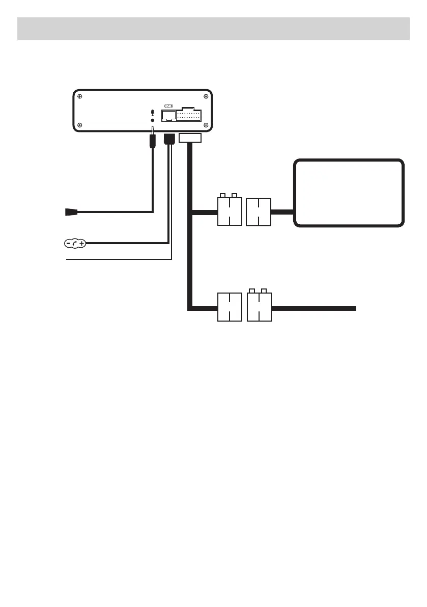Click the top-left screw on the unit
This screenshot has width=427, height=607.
pyautogui.click(x=80, y=95)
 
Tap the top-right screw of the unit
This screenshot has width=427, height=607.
pyautogui.click(x=206, y=95)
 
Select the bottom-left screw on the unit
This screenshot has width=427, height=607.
pyautogui.click(x=80, y=125)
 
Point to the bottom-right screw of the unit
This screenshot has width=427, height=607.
pyautogui.click(x=206, y=125)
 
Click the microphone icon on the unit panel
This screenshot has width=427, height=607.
pyautogui.click(x=153, y=114)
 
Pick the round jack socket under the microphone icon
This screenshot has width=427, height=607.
pyautogui.click(x=153, y=121)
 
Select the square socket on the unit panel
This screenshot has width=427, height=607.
pyautogui.click(x=168, y=116)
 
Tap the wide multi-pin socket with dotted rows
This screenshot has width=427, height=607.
pyautogui.click(x=188, y=115)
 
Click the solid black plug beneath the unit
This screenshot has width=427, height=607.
pyautogui.click(x=169, y=138)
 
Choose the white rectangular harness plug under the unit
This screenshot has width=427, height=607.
pyautogui.click(x=191, y=138)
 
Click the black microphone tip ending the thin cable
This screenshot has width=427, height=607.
pyautogui.click(x=71, y=212)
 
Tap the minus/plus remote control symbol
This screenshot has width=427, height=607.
pyautogui.click(x=76, y=244)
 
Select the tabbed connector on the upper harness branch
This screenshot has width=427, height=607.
pyautogui.click(x=230, y=211)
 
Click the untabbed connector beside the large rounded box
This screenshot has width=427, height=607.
pyautogui.click(x=259, y=212)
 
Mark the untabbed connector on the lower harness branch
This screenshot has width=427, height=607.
pyautogui.click(x=230, y=307)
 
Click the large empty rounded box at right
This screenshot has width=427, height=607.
pyautogui.click(x=350, y=193)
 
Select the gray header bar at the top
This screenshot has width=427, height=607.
pyautogui.click(x=213, y=29)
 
